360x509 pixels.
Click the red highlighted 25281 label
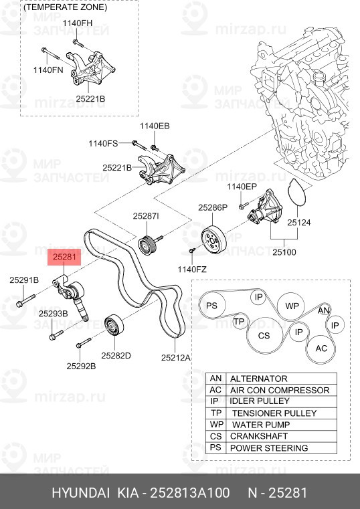point(67,256)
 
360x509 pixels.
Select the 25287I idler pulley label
point(145,216)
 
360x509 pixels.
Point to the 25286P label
point(213,208)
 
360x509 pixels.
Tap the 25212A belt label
point(176,357)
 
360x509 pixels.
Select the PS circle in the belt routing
point(212,306)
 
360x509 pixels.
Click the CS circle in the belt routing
point(264,335)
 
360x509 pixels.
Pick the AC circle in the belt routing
point(321,348)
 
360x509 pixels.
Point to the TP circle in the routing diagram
point(239,322)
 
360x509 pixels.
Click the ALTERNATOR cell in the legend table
point(258,379)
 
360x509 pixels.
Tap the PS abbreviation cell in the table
point(215,448)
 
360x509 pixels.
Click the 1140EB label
point(155,126)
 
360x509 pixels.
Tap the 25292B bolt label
point(81,366)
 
